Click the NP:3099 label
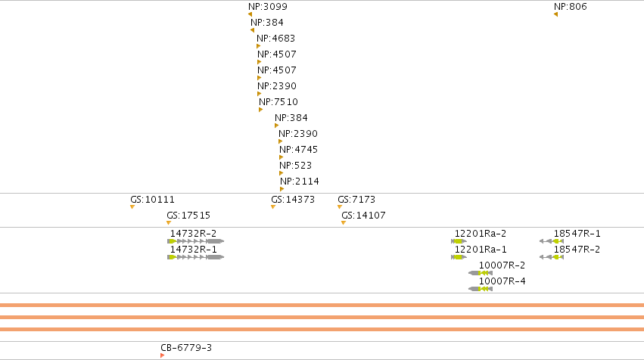[x=268, y=7]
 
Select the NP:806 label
[x=570, y=7]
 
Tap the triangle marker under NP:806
[x=555, y=15]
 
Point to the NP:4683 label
[x=275, y=39]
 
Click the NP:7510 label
[x=278, y=102]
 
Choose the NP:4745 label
[x=298, y=150]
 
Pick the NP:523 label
[x=295, y=166]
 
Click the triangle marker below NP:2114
[x=282, y=189]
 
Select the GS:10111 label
[x=152, y=200]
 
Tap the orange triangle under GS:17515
[x=169, y=223]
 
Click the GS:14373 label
[x=293, y=200]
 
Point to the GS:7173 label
[x=356, y=200]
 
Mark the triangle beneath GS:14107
[x=344, y=223]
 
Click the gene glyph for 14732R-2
[x=195, y=241]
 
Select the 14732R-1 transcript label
[x=194, y=250]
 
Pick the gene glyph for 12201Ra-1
[x=459, y=257]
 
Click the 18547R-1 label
[x=577, y=234]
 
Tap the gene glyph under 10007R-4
[x=481, y=289]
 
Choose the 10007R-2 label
[x=502, y=265]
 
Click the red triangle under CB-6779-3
[x=162, y=355]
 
